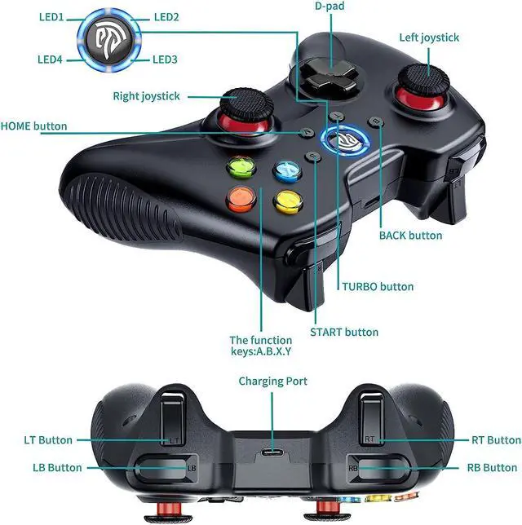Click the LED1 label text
[51, 16]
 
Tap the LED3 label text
[167, 60]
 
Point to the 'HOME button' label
[34, 126]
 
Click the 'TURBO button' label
[378, 286]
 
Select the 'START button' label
[344, 332]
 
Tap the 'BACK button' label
[411, 236]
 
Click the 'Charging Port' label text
[272, 381]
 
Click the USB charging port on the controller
[272, 454]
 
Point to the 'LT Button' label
[48, 440]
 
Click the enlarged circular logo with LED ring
[109, 37]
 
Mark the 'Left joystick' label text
[429, 37]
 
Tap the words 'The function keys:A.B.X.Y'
[261, 346]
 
